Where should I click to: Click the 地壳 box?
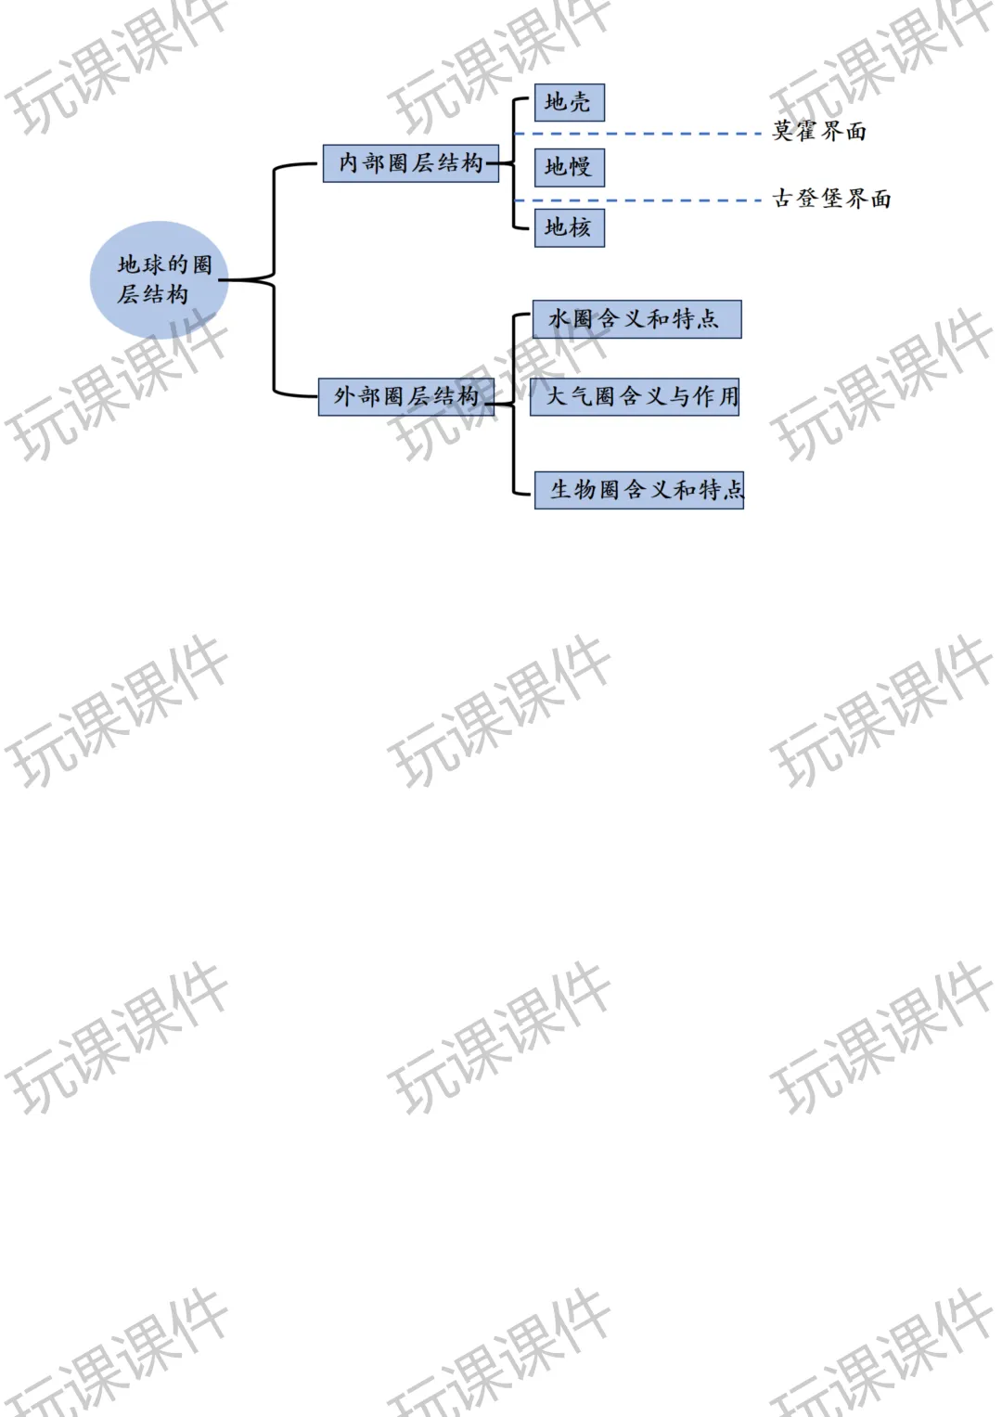click(570, 102)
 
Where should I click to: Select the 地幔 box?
click(570, 168)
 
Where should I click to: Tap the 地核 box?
click(570, 227)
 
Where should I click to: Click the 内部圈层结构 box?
click(410, 163)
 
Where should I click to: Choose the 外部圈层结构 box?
click(406, 396)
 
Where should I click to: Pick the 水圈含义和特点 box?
click(637, 319)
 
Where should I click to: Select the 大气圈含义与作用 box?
click(635, 396)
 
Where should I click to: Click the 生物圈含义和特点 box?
click(639, 490)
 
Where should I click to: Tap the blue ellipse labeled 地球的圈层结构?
click(159, 279)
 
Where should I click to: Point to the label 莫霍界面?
click(819, 132)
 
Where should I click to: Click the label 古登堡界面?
click(832, 199)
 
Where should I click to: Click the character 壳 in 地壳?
click(580, 102)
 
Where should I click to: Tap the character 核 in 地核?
click(580, 227)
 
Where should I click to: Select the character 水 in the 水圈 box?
click(559, 319)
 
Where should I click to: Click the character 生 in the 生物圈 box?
click(561, 490)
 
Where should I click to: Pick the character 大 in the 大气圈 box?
click(557, 396)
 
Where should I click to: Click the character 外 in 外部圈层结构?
click(345, 396)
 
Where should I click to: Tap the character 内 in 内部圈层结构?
click(349, 163)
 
